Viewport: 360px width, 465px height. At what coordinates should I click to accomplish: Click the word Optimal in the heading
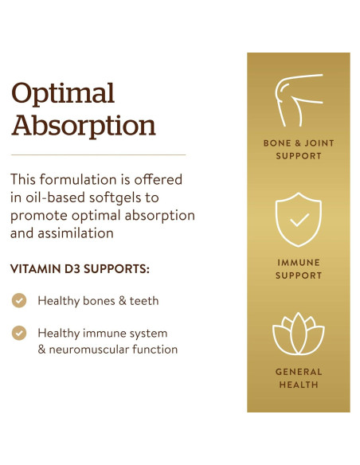(63, 93)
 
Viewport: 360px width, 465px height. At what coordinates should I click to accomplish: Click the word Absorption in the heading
(83, 126)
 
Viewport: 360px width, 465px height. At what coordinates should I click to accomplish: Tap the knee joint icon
(299, 99)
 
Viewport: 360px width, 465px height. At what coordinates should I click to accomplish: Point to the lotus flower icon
(299, 335)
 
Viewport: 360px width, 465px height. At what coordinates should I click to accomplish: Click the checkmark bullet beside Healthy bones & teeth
(19, 300)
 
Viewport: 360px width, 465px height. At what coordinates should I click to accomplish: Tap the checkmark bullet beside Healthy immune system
(19, 333)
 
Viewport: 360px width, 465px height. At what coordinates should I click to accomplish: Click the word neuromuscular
(88, 350)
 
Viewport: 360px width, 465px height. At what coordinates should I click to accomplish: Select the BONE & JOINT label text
(299, 143)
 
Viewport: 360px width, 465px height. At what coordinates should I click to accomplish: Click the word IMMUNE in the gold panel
(299, 263)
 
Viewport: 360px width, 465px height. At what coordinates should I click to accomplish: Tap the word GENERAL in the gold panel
(299, 372)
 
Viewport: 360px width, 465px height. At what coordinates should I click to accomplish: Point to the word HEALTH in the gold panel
(299, 385)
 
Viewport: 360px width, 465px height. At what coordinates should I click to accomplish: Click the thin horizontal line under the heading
(98, 154)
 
